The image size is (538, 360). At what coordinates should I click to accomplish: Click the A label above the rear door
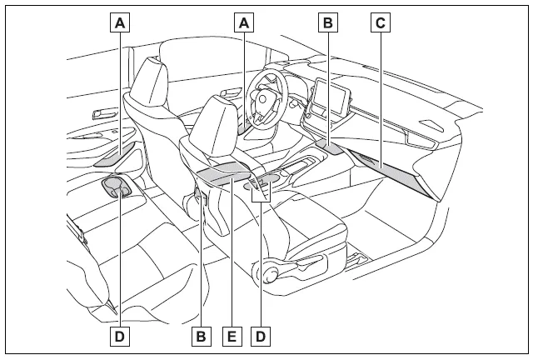(121, 23)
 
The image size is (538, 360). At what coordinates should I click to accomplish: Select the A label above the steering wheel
(244, 23)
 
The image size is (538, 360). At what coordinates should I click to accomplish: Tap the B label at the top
(329, 23)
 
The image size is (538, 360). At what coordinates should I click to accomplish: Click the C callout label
(380, 23)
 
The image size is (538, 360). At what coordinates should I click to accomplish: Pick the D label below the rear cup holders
(121, 336)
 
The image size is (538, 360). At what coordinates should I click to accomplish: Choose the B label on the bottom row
(200, 336)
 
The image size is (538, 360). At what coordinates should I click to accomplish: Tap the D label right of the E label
(262, 336)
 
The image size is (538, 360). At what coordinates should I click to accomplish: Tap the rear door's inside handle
(102, 112)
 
